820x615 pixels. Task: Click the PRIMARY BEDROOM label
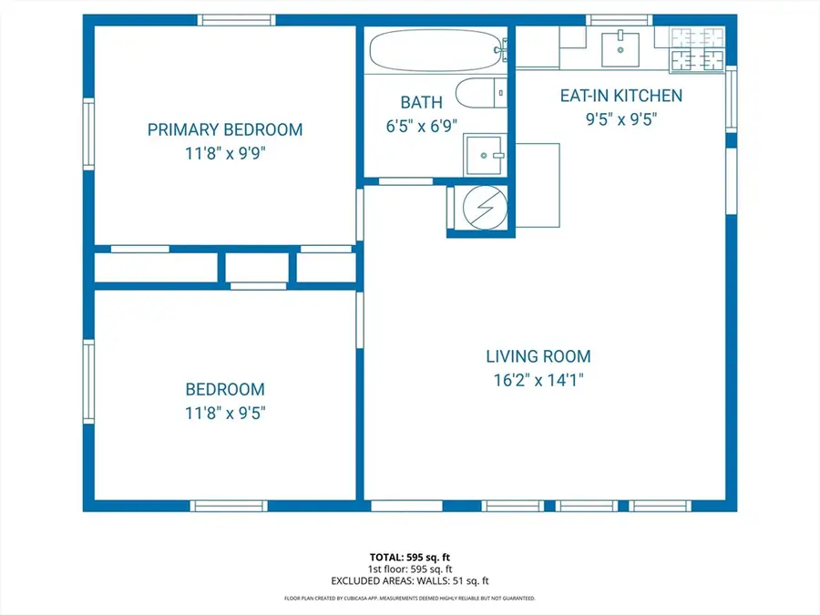click(x=225, y=129)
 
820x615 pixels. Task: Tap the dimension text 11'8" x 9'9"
click(x=225, y=154)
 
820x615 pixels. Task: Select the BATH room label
click(x=422, y=102)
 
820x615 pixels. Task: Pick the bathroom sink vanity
click(x=485, y=156)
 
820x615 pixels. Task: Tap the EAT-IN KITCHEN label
click(x=621, y=95)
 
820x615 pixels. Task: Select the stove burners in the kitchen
click(x=698, y=49)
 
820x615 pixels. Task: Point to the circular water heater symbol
click(x=480, y=208)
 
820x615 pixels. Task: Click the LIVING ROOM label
click(x=538, y=356)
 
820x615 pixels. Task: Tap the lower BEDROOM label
click(x=225, y=389)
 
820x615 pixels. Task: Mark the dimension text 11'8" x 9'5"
click(x=225, y=414)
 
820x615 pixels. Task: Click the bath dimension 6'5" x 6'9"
click(x=422, y=127)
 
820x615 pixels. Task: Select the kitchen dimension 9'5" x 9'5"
click(x=621, y=119)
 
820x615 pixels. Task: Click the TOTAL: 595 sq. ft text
click(x=409, y=556)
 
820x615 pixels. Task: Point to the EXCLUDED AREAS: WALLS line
click(x=409, y=580)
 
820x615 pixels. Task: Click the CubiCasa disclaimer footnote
click(x=409, y=599)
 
